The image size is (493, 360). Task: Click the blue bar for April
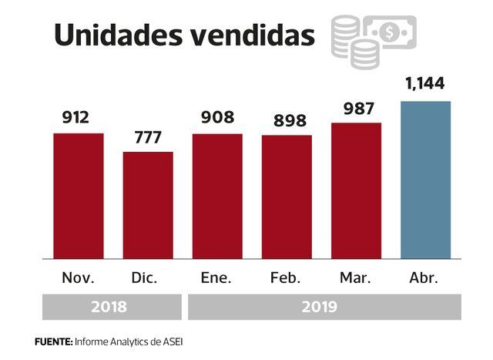(425, 180)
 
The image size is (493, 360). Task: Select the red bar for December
(148, 205)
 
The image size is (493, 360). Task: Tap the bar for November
(79, 196)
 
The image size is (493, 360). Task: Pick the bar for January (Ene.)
(217, 196)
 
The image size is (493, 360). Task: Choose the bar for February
(287, 197)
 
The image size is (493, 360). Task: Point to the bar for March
(356, 190)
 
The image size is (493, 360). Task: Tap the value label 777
(148, 136)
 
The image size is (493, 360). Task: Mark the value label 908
(217, 118)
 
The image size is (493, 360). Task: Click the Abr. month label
(425, 278)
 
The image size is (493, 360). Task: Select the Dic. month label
(148, 278)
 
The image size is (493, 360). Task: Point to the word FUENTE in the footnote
(53, 341)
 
